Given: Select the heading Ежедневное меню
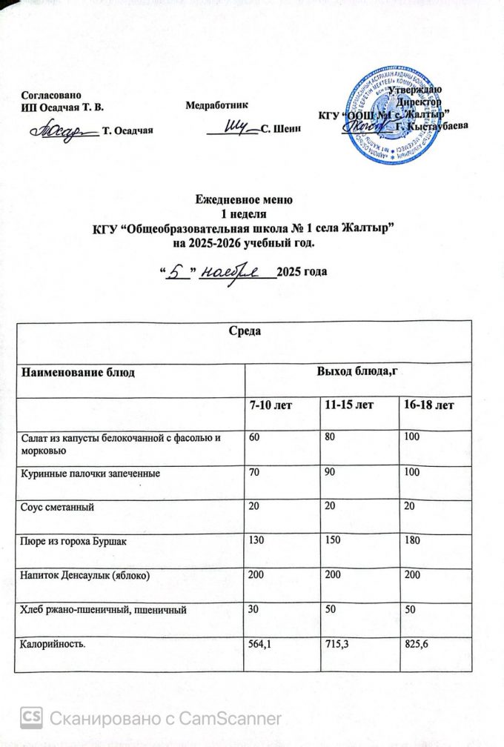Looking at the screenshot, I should (x=244, y=199).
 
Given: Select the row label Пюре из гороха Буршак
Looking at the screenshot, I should (x=73, y=542).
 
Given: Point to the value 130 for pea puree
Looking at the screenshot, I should (x=256, y=542).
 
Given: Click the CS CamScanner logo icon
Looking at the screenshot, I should (x=30, y=717).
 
